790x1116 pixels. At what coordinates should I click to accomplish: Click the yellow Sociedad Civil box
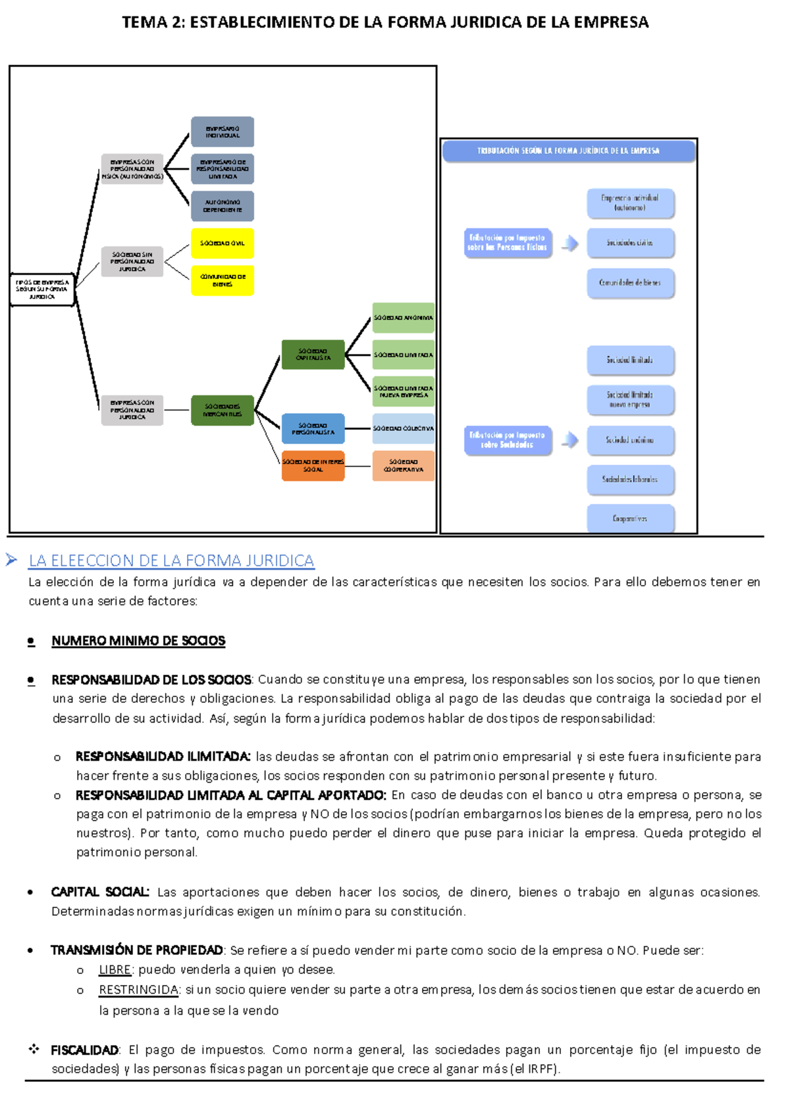[x=222, y=243]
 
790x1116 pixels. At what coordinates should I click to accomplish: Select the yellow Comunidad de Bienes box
[x=222, y=280]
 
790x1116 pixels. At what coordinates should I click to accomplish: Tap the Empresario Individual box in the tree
[x=222, y=132]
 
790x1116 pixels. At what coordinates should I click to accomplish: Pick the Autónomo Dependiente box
[x=222, y=206]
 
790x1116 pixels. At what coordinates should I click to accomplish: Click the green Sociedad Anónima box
[x=403, y=318]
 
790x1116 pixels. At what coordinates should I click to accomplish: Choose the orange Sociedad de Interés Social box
[x=313, y=466]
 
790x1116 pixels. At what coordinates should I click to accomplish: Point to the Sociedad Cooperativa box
[x=403, y=466]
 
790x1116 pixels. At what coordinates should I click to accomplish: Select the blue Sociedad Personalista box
[x=313, y=428]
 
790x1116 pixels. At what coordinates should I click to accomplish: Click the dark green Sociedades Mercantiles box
[x=222, y=410]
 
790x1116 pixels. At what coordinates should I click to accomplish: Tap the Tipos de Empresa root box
[x=42, y=290]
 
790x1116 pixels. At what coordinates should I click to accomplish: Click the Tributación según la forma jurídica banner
[x=569, y=151]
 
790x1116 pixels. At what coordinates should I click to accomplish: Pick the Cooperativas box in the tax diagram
[x=630, y=519]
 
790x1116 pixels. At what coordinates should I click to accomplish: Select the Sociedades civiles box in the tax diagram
[x=630, y=243]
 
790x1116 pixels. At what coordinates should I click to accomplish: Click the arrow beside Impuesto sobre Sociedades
[x=570, y=440]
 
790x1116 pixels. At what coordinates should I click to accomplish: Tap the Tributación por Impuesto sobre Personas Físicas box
[x=507, y=243]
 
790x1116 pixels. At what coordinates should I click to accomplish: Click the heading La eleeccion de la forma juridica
[x=171, y=561]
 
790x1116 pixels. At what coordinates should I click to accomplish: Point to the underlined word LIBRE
[x=115, y=969]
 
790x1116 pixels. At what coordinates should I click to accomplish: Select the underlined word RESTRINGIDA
[x=138, y=990]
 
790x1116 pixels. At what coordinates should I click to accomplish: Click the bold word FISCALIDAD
[x=84, y=1050]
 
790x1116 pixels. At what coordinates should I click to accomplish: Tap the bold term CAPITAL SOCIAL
[x=100, y=892]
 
